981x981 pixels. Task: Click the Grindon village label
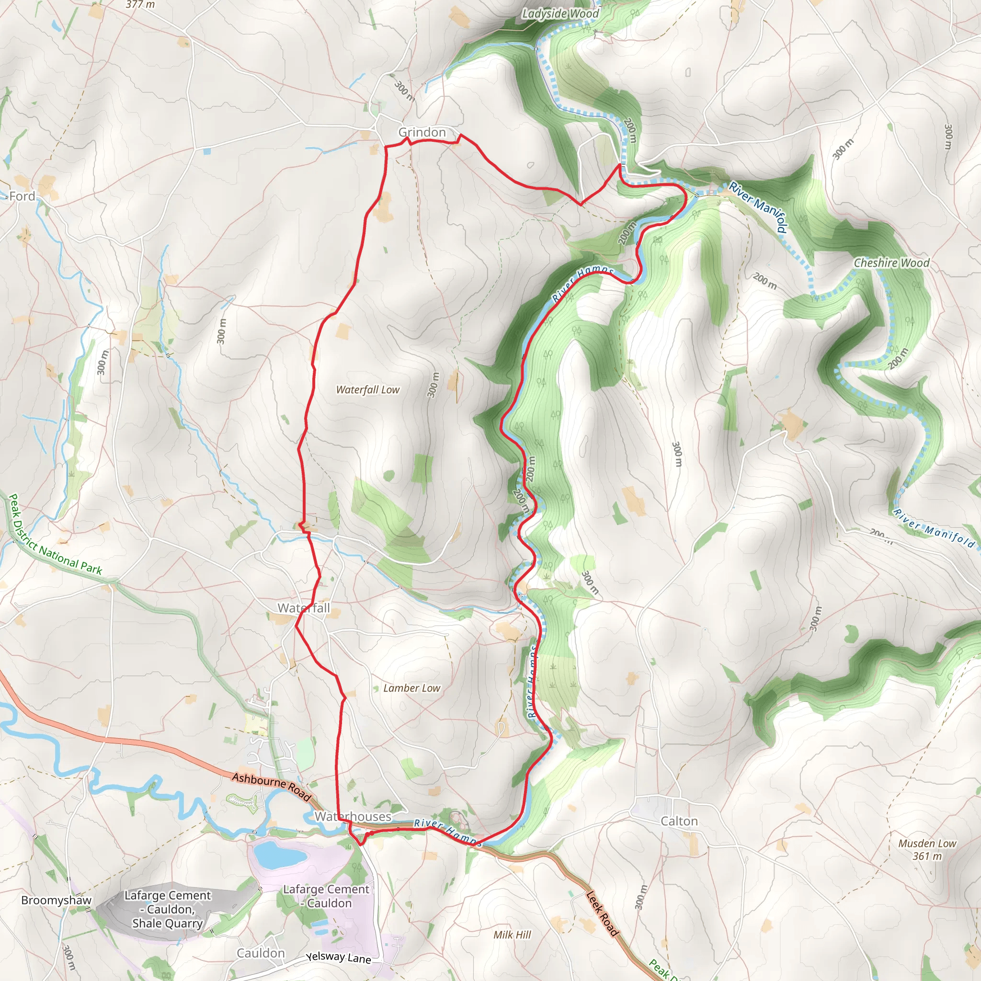[x=422, y=133]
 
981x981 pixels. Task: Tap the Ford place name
[x=23, y=196]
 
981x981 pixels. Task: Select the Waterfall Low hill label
[x=367, y=390]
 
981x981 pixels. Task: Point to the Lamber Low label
[x=411, y=688]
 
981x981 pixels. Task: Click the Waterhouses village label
[x=353, y=817]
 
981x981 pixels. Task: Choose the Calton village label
[x=679, y=821]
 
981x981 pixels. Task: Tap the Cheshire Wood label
[x=891, y=263]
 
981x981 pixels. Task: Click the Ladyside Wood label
[x=560, y=14]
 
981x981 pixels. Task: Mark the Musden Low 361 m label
[x=927, y=849]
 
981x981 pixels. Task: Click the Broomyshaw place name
[x=57, y=900]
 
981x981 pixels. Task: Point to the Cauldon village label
[x=261, y=953]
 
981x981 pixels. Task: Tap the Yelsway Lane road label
[x=338, y=957]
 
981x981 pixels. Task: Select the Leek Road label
[x=602, y=914]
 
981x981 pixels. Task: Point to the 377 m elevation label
[x=141, y=5]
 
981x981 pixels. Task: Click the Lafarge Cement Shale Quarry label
[x=168, y=910]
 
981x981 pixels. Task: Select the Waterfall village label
[x=303, y=608]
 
